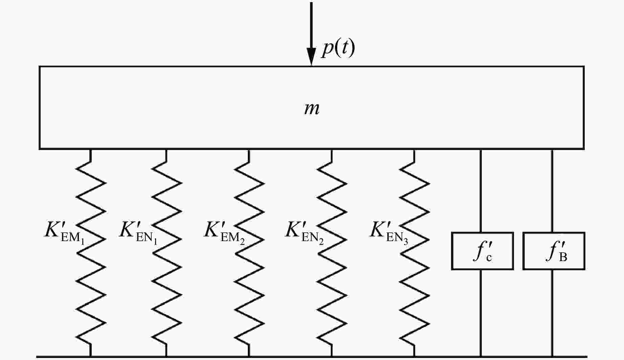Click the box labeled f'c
pyautogui.click(x=482, y=251)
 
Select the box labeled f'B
pyautogui.click(x=554, y=251)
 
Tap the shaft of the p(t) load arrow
pyautogui.click(x=311, y=24)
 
